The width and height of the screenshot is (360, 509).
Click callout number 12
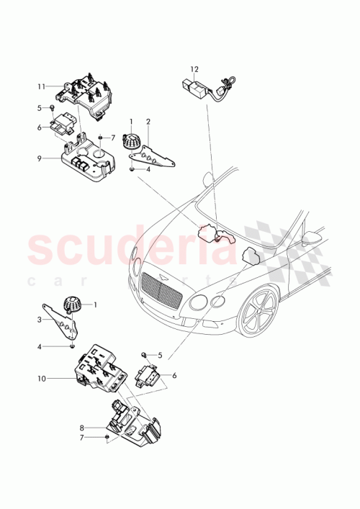coord(194,69)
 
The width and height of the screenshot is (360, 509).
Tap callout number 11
coord(42,86)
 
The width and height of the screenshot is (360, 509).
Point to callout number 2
coord(148,122)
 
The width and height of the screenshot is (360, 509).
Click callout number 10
coord(42,377)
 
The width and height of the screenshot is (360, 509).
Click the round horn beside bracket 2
coord(131,141)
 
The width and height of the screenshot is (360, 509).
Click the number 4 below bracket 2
coord(148,170)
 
